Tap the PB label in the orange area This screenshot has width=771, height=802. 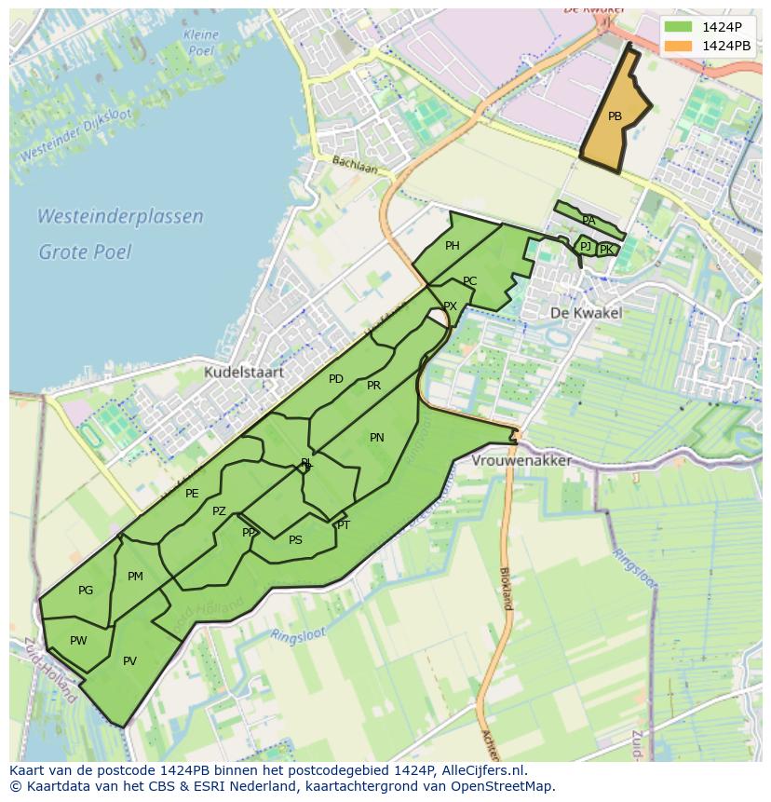click(615, 116)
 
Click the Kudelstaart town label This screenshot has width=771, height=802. click(245, 372)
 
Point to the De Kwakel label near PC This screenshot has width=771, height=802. click(586, 313)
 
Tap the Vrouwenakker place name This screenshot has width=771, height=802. click(521, 461)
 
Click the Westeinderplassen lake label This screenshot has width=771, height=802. click(120, 217)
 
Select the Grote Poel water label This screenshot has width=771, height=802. click(85, 251)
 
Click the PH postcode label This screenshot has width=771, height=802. click(453, 246)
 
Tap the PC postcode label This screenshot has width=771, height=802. click(469, 281)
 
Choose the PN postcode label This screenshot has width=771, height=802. click(376, 437)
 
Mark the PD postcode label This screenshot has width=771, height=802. click(336, 379)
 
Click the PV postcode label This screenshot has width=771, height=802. click(129, 661)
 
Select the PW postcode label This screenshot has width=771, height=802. click(78, 640)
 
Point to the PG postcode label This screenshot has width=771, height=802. click(86, 591)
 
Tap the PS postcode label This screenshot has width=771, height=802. click(295, 540)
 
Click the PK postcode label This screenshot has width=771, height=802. click(606, 250)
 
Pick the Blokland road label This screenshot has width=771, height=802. click(506, 588)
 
